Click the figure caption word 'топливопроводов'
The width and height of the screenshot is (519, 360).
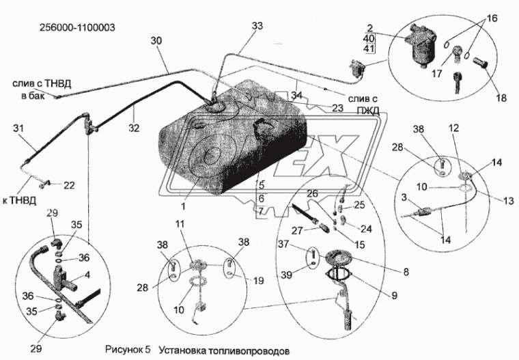click(236, 350)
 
